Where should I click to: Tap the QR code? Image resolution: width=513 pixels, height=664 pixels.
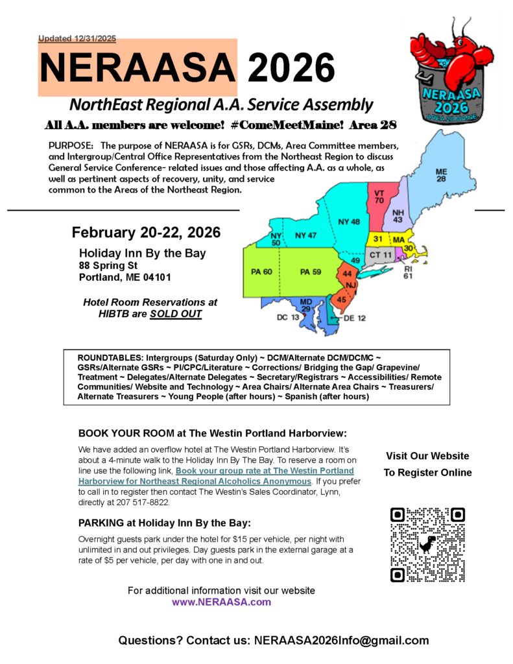pyautogui.click(x=428, y=545)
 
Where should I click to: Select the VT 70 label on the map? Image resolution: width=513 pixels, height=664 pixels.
pyautogui.click(x=379, y=196)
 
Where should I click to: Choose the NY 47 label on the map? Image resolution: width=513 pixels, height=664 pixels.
pyautogui.click(x=305, y=235)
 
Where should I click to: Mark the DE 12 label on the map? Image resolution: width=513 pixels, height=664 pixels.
pyautogui.click(x=352, y=318)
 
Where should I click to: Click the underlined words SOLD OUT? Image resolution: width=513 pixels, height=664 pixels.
pyautogui.click(x=176, y=314)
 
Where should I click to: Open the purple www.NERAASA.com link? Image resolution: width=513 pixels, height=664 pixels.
pyautogui.click(x=221, y=602)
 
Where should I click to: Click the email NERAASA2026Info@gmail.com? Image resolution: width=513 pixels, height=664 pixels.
pyautogui.click(x=342, y=641)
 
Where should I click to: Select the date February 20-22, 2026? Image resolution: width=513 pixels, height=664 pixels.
pyautogui.click(x=146, y=232)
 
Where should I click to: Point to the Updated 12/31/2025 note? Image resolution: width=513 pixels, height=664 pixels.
pyautogui.click(x=77, y=39)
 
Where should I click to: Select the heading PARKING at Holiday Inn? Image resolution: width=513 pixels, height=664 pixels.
pyautogui.click(x=164, y=523)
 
